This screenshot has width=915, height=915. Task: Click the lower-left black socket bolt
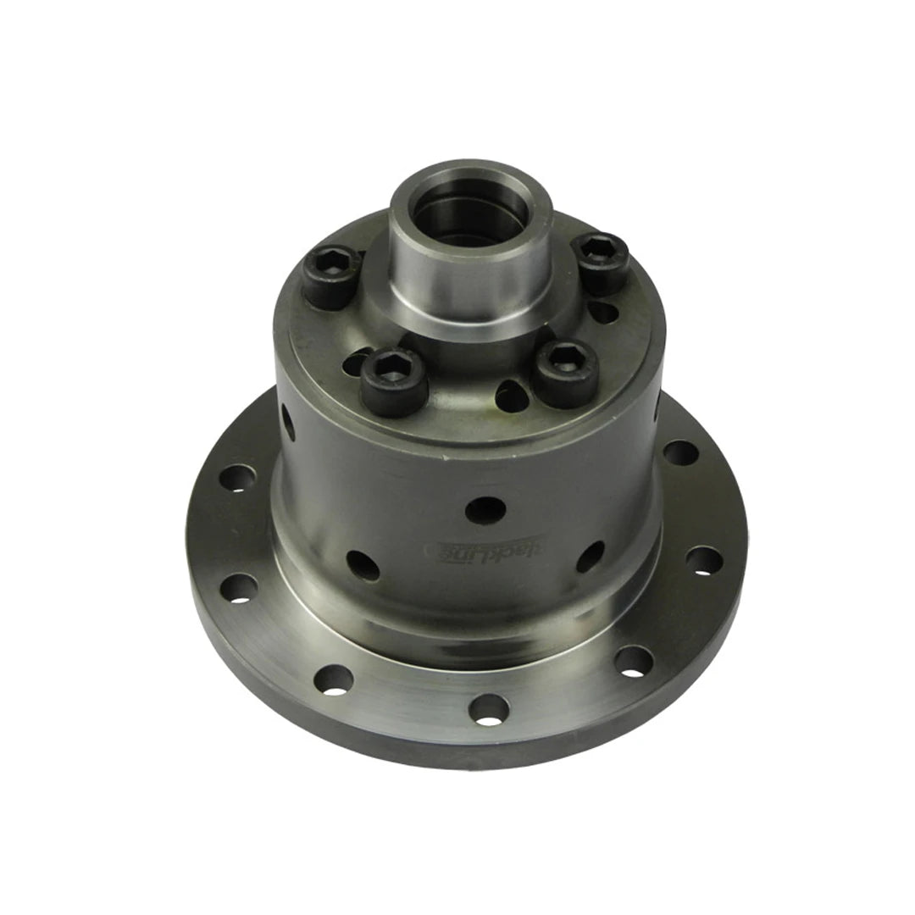coord(394,380)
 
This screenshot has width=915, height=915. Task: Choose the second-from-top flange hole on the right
coord(704,561)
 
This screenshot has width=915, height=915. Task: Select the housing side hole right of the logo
coord(590,557)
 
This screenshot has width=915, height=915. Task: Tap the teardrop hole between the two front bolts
coord(510,391)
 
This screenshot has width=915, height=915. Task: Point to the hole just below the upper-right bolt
coord(602,311)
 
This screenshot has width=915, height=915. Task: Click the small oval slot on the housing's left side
coord(288,419)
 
